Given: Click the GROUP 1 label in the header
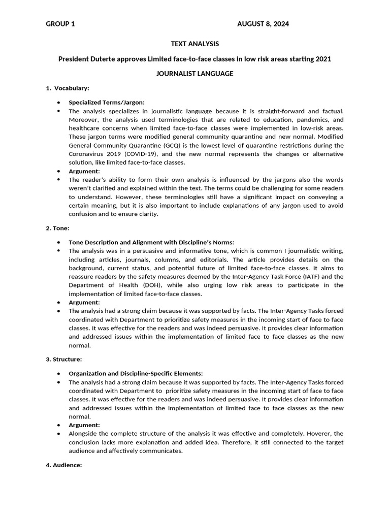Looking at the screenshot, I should pyautogui.click(x=60, y=24).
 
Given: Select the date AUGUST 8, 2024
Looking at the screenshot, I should pyautogui.click(x=263, y=24).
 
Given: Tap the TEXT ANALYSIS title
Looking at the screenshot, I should pyautogui.click(x=195, y=44).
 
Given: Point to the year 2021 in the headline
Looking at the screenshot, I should pyautogui.click(x=323, y=59).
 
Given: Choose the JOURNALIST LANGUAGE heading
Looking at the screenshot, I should pyautogui.click(x=195, y=74).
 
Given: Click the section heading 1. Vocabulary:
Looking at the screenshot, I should pyautogui.click(x=68, y=88).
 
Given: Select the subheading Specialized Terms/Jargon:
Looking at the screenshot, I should pyautogui.click(x=107, y=102).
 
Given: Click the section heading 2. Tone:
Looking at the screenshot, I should pyautogui.click(x=57, y=229).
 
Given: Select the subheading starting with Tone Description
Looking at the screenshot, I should pyautogui.click(x=151, y=242).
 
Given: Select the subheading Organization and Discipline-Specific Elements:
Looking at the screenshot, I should pyautogui.click(x=136, y=373).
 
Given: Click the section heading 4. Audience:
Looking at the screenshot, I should pyautogui.click(x=63, y=465).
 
